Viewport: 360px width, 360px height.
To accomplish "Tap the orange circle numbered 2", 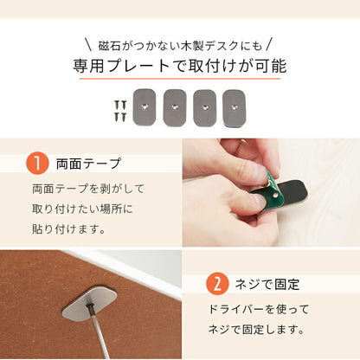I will pos(218,283).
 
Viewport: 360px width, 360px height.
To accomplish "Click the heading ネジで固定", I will pos(273,283).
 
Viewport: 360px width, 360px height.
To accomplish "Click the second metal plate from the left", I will pos(175,105).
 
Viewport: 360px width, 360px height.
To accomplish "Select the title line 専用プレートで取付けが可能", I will pos(180,67).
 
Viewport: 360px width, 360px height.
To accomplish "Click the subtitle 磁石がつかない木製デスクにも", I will pos(179,42).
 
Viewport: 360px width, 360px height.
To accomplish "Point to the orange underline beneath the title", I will pos(180,81).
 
